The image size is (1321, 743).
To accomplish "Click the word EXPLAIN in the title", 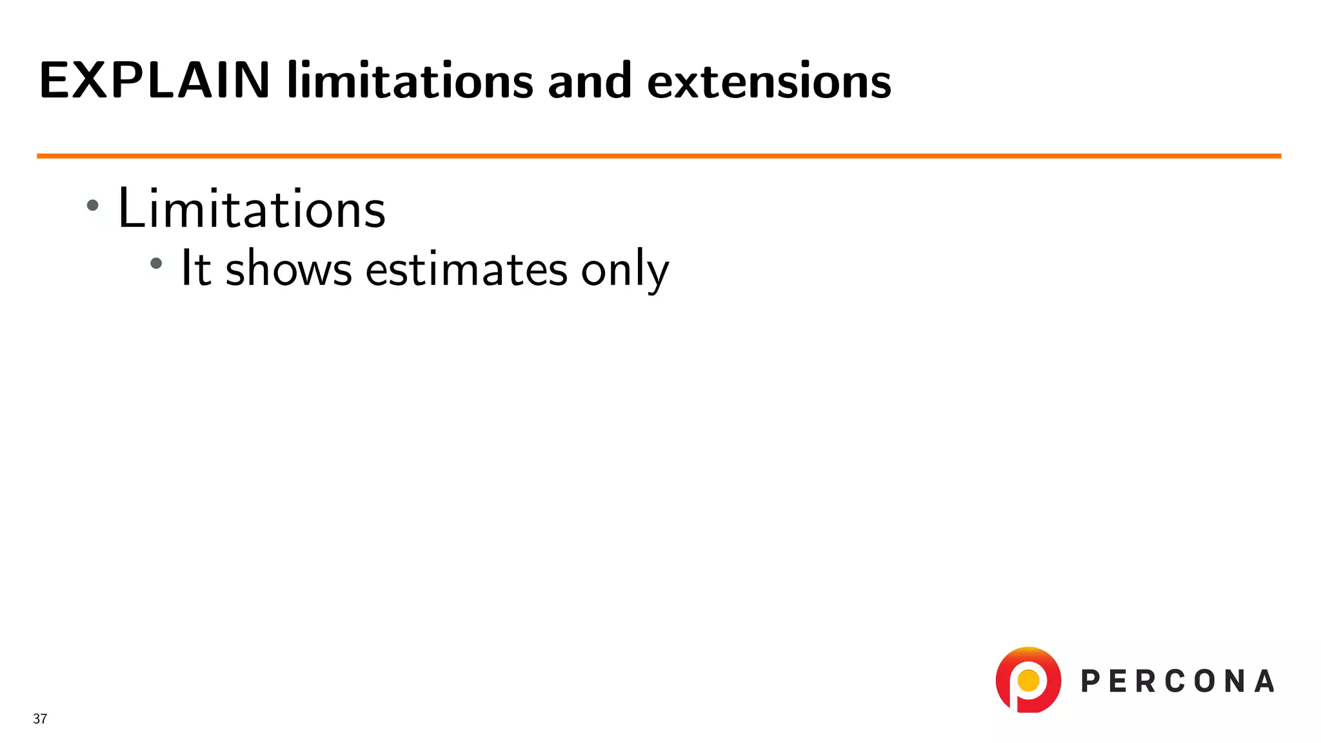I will click(x=154, y=81).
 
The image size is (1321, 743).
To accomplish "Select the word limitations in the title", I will click(x=410, y=81).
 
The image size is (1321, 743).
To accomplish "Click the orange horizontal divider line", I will click(x=658, y=156).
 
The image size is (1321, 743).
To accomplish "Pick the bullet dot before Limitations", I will click(x=93, y=206).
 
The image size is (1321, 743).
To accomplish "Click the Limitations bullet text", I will click(x=252, y=208).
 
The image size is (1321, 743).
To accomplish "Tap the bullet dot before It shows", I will click(x=156, y=263).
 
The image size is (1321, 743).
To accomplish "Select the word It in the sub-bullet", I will click(x=195, y=268).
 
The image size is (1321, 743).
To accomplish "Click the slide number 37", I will click(x=40, y=718).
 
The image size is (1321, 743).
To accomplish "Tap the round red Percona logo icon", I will click(x=1028, y=680).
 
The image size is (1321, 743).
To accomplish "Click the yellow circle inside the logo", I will click(x=1028, y=680).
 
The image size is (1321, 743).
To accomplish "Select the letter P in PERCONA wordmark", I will click(x=1091, y=681).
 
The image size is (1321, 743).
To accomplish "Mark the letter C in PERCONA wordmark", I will click(x=1171, y=681).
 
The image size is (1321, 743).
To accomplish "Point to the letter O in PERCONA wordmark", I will click(x=1203, y=681).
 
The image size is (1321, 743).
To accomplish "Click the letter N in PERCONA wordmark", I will click(x=1234, y=681).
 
